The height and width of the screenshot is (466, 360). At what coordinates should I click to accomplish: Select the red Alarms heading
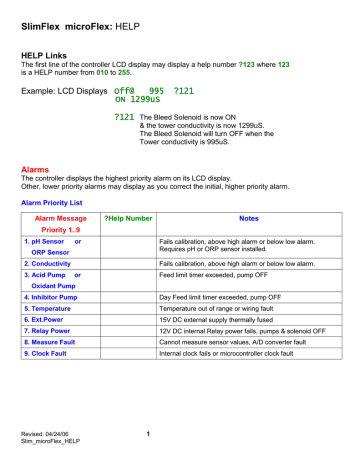tap(38, 171)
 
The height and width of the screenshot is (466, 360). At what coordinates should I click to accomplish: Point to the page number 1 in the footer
tap(147, 433)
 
